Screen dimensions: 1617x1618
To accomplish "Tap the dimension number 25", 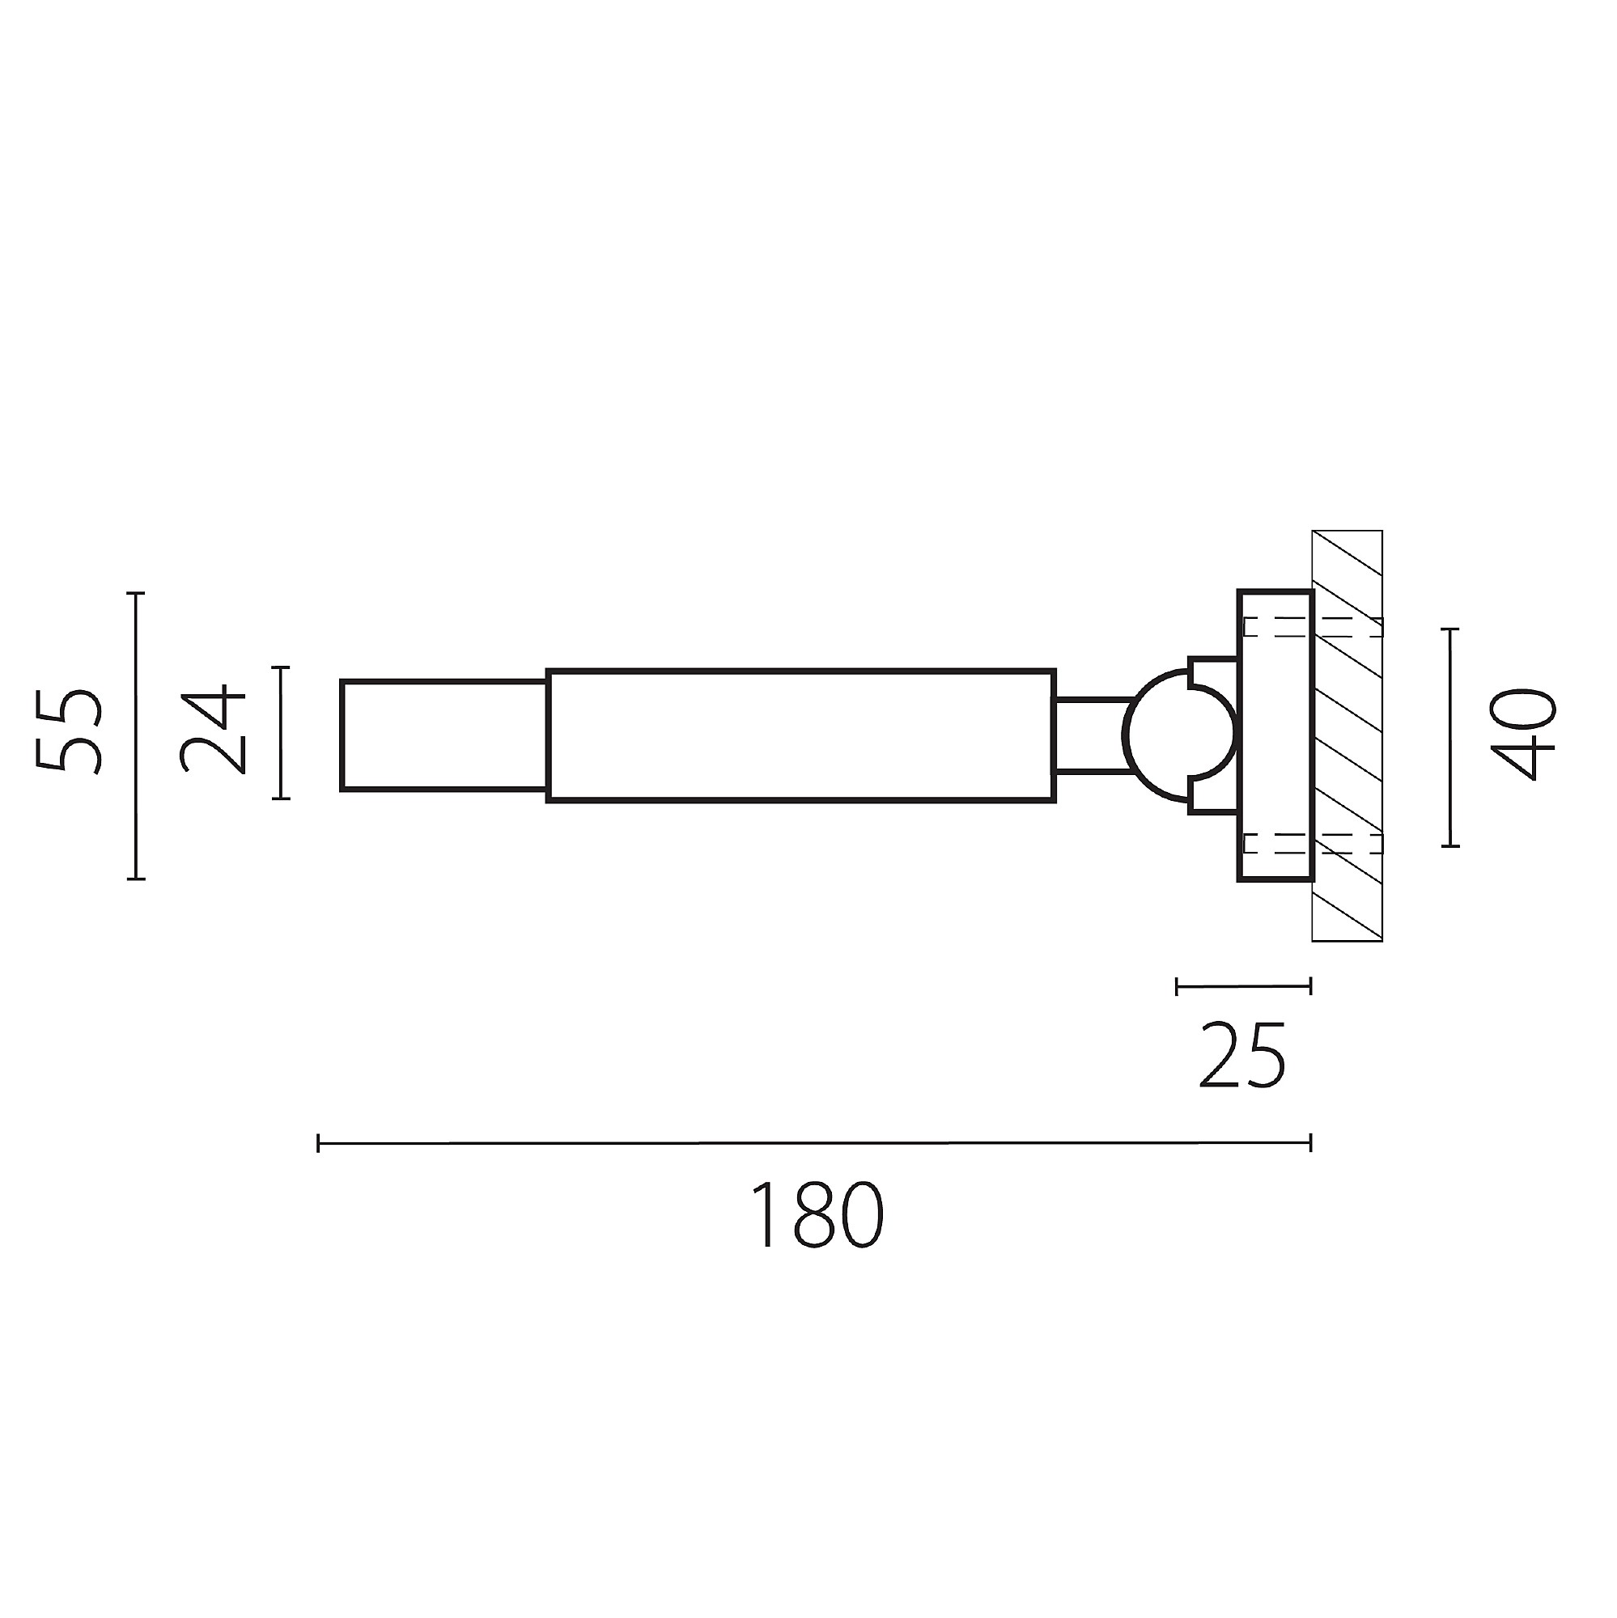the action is (1241, 1055).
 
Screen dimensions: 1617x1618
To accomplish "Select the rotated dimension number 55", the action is (70, 731).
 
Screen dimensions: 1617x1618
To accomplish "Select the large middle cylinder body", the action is (801, 736).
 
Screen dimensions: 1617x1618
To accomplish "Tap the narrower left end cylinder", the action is (444, 735).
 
